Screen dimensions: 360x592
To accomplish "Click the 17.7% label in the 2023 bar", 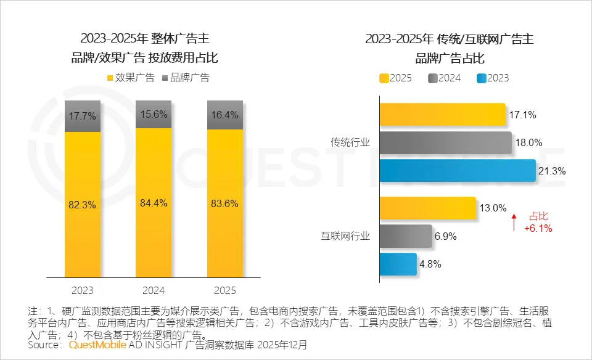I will click(x=82, y=116).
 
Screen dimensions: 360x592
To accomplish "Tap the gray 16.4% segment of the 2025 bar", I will click(x=224, y=115).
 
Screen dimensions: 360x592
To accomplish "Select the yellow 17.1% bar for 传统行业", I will click(x=442, y=115).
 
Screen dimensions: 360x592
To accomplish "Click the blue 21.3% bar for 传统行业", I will click(x=457, y=171).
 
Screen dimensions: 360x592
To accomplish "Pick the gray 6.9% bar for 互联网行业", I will click(x=405, y=236).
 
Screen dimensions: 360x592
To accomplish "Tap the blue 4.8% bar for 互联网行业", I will click(x=398, y=264).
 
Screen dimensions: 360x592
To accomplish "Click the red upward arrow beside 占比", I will click(x=513, y=222).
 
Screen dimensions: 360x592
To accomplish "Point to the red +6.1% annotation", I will click(x=538, y=228).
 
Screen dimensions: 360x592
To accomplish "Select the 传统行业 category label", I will click(x=350, y=142).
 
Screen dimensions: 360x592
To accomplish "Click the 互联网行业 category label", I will click(x=345, y=236).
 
